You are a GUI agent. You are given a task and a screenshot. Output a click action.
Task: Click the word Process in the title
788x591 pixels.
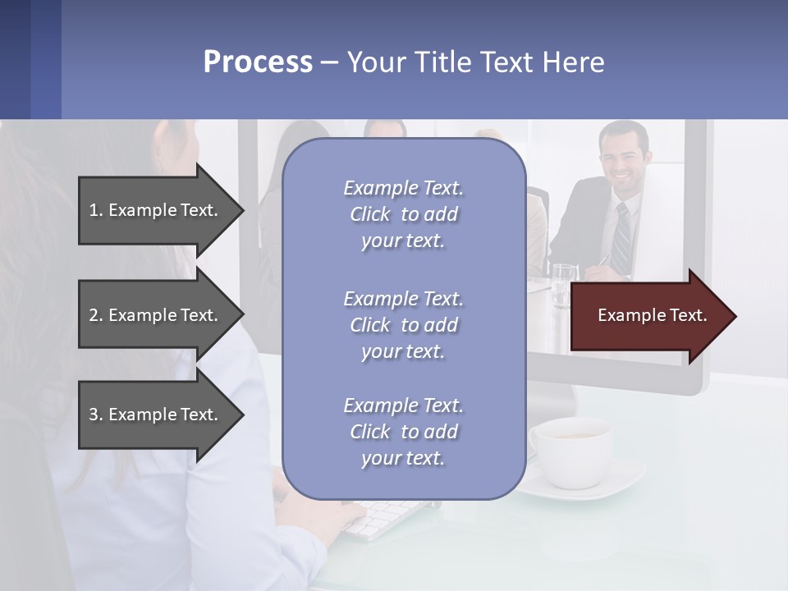click(x=258, y=62)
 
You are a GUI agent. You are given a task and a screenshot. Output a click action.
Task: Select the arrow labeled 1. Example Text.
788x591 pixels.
click(x=156, y=210)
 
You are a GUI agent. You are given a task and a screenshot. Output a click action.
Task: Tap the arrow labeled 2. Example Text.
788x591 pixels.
click(x=156, y=315)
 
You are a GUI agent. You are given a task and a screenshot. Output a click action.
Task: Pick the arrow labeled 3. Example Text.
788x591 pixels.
click(x=156, y=415)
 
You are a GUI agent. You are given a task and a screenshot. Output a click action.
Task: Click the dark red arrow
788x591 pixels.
click(x=648, y=315)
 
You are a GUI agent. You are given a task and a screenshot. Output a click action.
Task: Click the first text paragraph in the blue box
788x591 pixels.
click(x=403, y=214)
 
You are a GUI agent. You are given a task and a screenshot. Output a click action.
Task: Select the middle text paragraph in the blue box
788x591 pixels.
click(x=403, y=325)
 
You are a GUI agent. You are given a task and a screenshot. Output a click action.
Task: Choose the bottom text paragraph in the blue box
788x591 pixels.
click(x=403, y=432)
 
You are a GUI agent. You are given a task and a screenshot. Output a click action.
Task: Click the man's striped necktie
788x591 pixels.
click(x=622, y=238)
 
